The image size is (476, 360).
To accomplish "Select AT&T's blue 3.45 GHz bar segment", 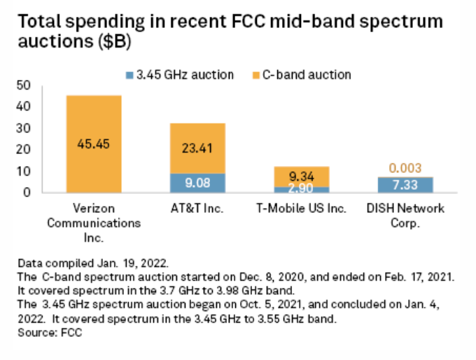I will tap(197, 183).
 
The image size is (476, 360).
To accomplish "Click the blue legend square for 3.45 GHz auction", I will tap(130, 74).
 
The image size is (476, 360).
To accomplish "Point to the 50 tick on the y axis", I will tap(23, 85).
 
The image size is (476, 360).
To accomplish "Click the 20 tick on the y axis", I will tap(23, 149).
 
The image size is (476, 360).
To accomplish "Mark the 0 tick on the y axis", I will tap(27, 192).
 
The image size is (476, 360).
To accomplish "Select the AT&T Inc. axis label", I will tap(197, 209).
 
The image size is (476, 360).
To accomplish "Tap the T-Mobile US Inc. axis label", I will tap(301, 209).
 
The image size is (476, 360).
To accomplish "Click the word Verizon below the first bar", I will tap(93, 209).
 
